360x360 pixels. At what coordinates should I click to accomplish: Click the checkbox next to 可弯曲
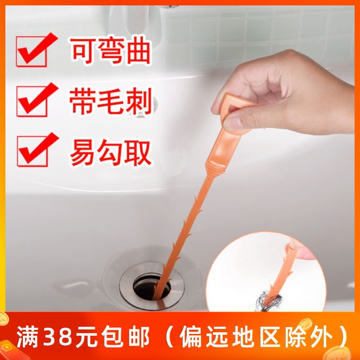tap(31, 52)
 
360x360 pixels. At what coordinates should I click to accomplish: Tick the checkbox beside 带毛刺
tap(32, 101)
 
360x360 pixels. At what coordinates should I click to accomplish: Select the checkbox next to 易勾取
tap(32, 151)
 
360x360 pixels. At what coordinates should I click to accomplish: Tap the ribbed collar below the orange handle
tap(216, 166)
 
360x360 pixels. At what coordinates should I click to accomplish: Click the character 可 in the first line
tap(83, 51)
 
